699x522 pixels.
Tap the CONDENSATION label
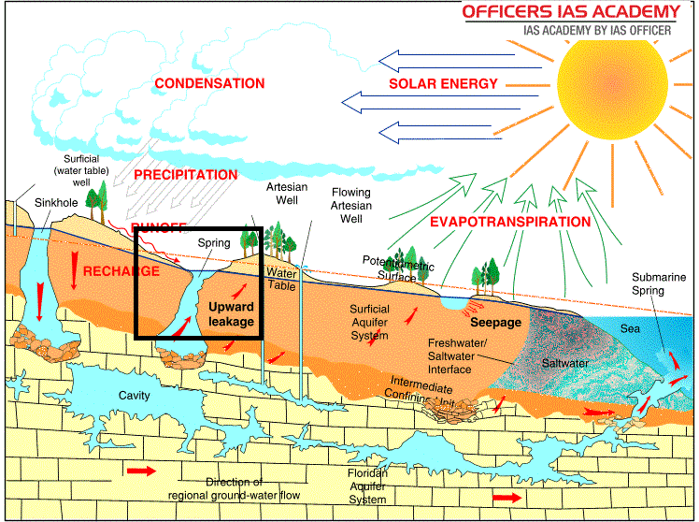click(x=209, y=84)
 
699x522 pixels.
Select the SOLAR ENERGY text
click(x=444, y=84)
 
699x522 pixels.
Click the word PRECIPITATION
click(x=185, y=175)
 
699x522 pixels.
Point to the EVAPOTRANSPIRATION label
click(x=510, y=223)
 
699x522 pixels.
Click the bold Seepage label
click(x=495, y=322)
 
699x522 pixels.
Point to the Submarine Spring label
click(x=661, y=284)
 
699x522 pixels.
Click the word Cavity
click(x=134, y=396)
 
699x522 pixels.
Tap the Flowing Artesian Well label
click(x=351, y=206)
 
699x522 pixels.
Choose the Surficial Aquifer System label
click(x=370, y=323)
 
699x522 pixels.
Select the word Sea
click(x=630, y=329)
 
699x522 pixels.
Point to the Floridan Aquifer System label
click(x=367, y=486)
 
